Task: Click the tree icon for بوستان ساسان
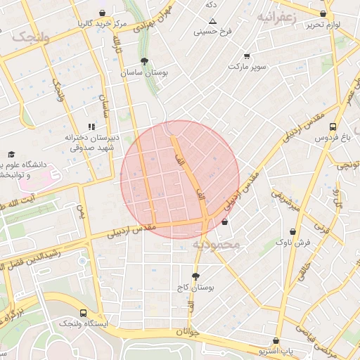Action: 145,61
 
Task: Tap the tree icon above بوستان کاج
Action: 195,276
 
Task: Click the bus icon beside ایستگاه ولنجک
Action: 84,313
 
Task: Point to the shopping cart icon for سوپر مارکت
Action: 247,56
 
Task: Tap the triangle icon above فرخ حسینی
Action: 213,21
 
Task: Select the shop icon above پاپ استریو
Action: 276,340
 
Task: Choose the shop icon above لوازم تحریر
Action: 323,13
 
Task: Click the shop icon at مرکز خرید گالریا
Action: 103,13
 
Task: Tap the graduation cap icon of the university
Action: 11,154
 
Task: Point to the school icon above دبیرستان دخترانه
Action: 91,127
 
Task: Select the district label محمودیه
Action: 217,245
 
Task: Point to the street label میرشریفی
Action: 286,202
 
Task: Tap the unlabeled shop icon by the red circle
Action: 224,222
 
